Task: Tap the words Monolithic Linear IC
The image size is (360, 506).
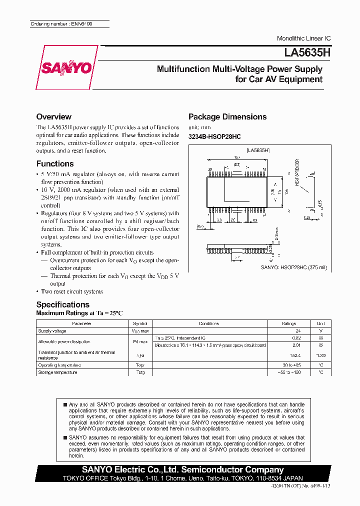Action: [303, 38]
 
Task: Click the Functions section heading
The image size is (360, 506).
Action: [55, 163]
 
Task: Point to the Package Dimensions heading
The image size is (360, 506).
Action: [227, 116]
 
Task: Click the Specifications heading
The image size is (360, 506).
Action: [63, 304]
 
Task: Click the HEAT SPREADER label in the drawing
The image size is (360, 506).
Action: [296, 172]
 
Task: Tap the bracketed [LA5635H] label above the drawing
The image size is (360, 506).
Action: [258, 150]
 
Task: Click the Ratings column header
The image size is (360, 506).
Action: [289, 323]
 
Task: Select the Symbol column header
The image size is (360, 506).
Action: [140, 323]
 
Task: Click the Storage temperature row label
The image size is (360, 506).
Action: [57, 372]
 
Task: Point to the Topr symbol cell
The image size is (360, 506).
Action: [140, 365]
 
